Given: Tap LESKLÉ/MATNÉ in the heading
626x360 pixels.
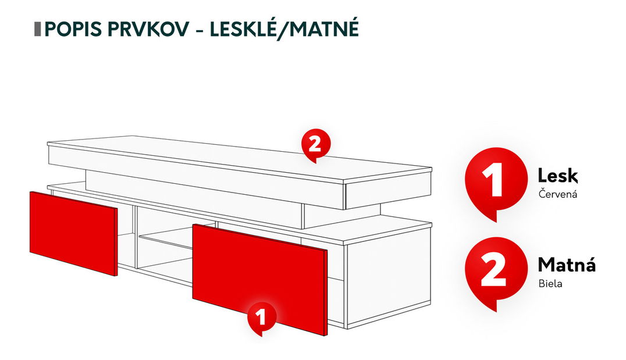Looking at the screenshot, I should click(284, 28).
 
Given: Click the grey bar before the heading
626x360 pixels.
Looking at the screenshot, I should click(37, 28).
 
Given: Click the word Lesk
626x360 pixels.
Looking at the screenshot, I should click(558, 175).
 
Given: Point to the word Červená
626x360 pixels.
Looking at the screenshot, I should click(557, 194).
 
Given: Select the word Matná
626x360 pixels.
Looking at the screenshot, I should click(566, 265).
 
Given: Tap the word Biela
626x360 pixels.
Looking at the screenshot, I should click(550, 285).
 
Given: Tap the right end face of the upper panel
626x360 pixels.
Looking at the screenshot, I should click(387, 187).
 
